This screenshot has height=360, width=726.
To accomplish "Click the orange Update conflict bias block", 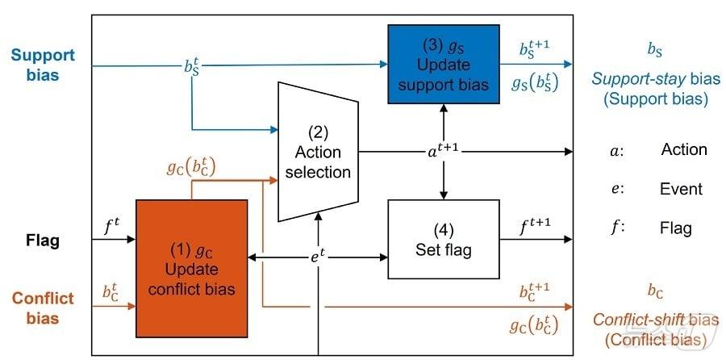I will tap(191, 269).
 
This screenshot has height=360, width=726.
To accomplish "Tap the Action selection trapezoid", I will tap(318, 151).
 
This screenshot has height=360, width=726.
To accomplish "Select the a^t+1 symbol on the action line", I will tap(443, 149).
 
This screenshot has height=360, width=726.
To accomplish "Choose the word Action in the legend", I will tap(683, 150).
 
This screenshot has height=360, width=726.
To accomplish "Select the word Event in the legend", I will tap(682, 189).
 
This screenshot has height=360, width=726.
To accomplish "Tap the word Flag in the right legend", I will tap(676, 228).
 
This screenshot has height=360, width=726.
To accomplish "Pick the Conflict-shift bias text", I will tap(656, 320).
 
